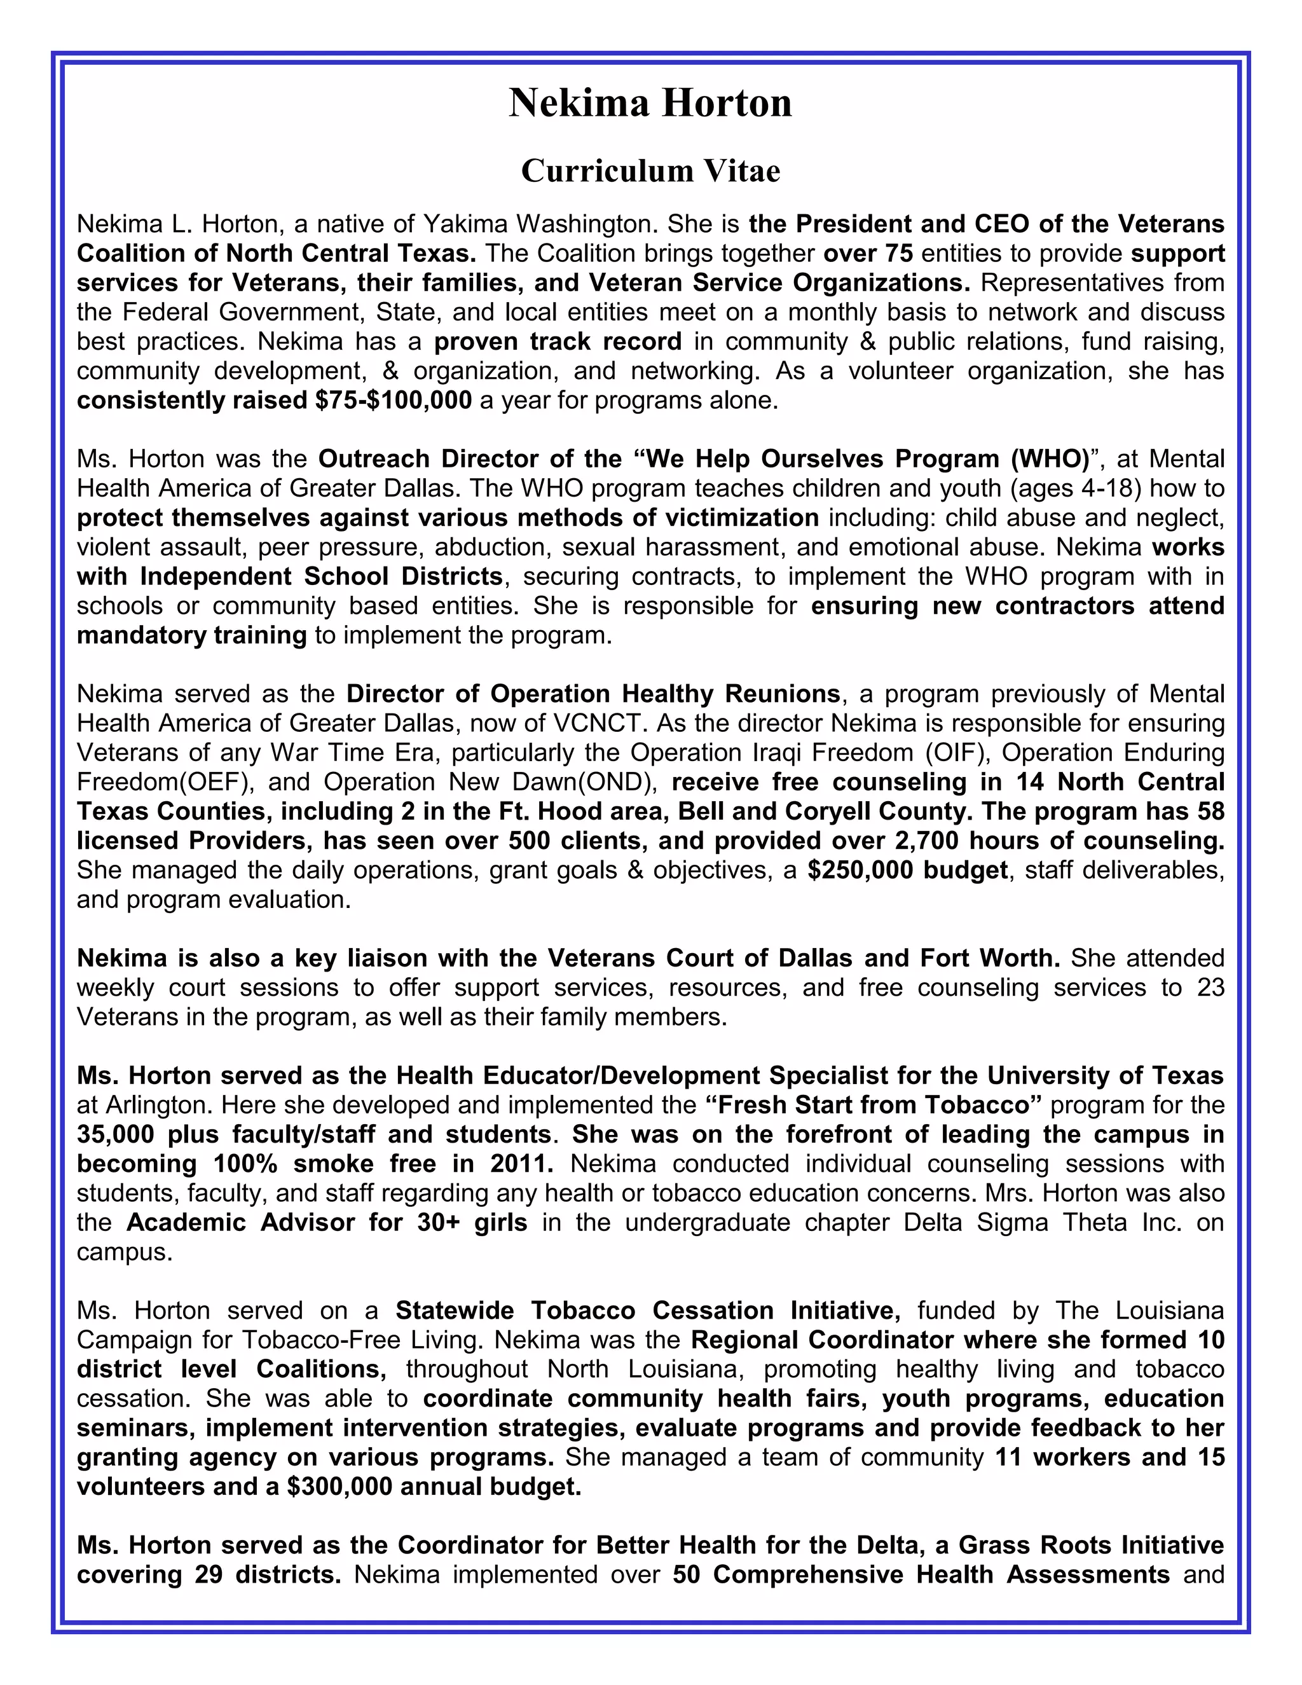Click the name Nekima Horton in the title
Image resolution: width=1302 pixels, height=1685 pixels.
pos(650,104)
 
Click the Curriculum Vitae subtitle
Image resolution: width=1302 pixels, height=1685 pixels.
pos(650,170)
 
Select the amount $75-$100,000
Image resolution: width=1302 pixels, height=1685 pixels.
pos(393,401)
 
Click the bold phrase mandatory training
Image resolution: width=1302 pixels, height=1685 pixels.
pos(191,635)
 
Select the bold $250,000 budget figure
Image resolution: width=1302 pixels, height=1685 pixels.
pos(907,870)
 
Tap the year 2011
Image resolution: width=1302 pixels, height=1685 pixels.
pos(521,1164)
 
